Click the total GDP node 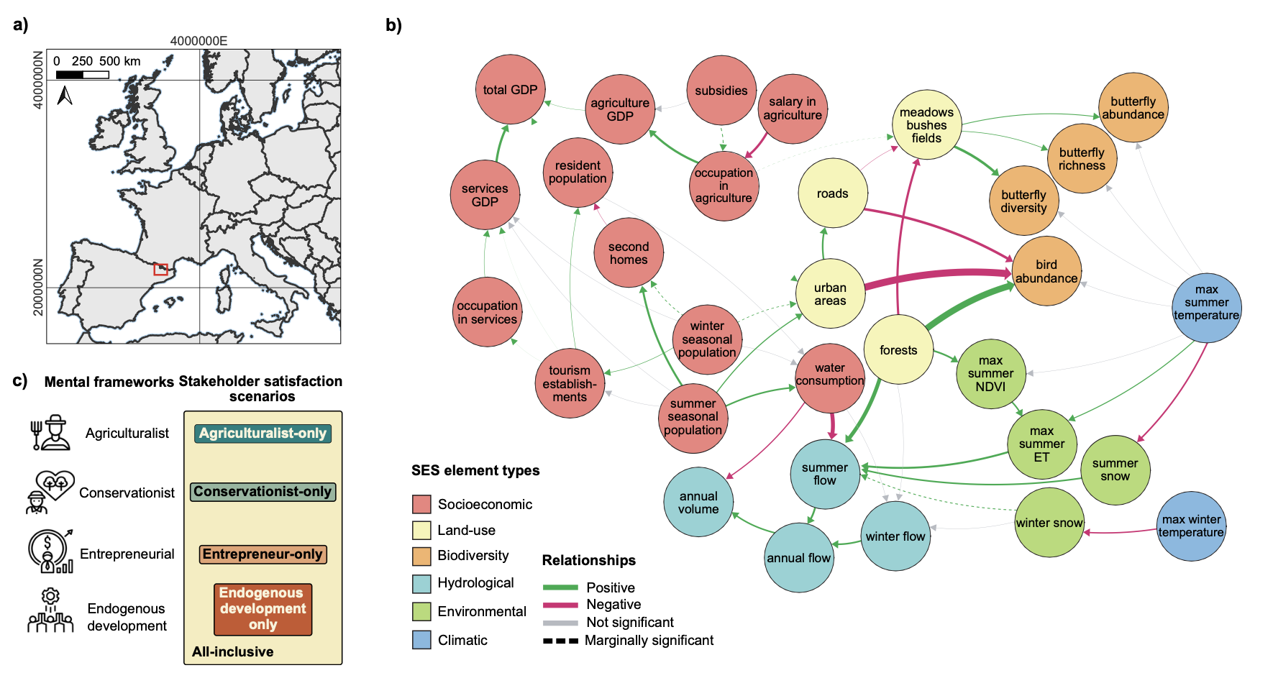[x=510, y=90]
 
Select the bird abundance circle [x=1046, y=272]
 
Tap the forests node [x=898, y=350]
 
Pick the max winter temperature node [x=1191, y=526]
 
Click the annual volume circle [x=698, y=502]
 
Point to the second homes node [x=629, y=253]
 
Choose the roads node [x=832, y=193]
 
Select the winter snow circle [x=1049, y=523]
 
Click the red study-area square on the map [x=160, y=270]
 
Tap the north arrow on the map [x=65, y=95]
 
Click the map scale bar [x=82, y=75]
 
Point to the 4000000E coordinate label [x=199, y=41]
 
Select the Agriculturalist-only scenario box [x=263, y=434]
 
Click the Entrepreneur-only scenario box [x=263, y=554]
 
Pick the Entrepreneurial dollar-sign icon [x=49, y=551]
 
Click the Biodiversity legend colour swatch [x=421, y=556]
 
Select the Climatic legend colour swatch [x=421, y=640]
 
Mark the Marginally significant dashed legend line [x=560, y=641]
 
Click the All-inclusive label [x=232, y=652]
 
